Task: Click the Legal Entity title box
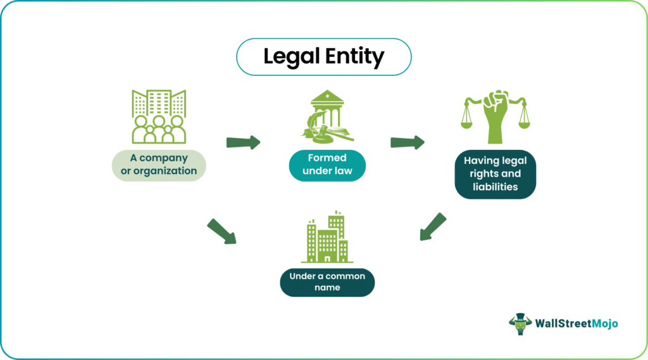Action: point(323,58)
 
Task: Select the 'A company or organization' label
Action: point(159,164)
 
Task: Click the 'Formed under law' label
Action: point(327,164)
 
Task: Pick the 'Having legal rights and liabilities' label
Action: point(495,174)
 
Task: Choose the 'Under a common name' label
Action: point(327,282)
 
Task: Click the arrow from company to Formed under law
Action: point(244,142)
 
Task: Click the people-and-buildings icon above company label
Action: point(159,116)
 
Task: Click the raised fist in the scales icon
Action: point(495,114)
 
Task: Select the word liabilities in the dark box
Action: point(495,187)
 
